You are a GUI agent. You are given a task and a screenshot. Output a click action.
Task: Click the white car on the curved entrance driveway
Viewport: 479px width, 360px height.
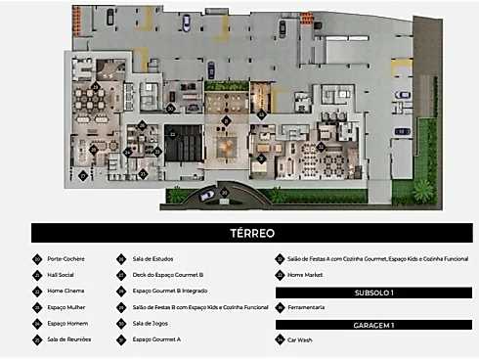click(207, 196)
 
